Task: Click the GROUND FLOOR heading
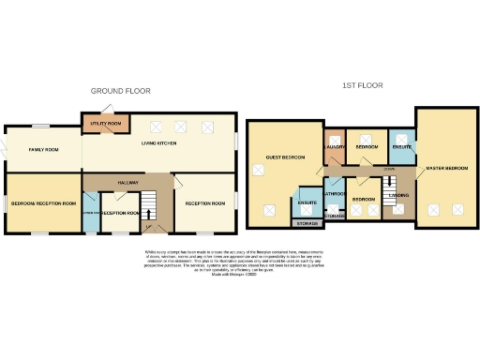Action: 120,91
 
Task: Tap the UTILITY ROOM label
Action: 106,124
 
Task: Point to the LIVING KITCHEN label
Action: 159,143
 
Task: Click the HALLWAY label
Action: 127,183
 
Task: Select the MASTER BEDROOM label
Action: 447,169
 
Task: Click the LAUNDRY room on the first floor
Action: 336,147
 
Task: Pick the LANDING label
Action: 398,196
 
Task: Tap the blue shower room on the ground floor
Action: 89,213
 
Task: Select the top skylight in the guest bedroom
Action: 259,170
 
